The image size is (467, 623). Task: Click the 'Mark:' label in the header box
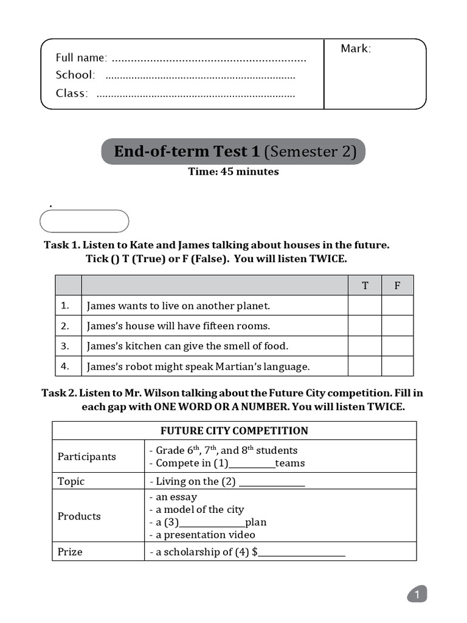tap(356, 49)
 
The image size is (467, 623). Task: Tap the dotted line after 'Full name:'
tap(209, 59)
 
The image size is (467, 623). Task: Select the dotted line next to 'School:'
tap(200, 77)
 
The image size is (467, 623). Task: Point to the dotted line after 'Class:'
tap(196, 95)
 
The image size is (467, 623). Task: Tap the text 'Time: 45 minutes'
tap(233, 172)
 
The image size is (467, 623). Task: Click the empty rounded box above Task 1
tap(84, 221)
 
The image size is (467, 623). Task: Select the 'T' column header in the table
tap(365, 285)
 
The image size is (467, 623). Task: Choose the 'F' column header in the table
tap(397, 285)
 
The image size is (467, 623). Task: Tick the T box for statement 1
tap(365, 305)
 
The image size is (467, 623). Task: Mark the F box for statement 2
tap(397, 325)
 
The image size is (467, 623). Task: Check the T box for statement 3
tap(365, 346)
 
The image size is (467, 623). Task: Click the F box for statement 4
tap(397, 366)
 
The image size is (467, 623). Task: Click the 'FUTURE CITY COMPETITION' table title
tap(234, 431)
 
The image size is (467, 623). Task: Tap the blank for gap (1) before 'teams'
tap(251, 465)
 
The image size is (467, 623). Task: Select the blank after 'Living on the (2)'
tap(272, 483)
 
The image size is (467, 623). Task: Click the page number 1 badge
tap(417, 595)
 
